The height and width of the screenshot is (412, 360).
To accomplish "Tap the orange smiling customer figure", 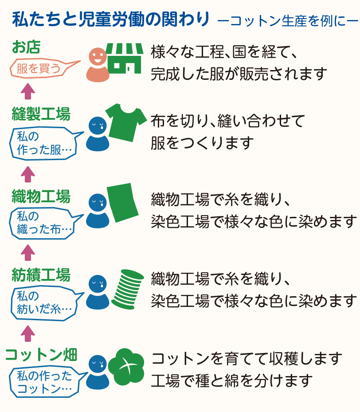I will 98,65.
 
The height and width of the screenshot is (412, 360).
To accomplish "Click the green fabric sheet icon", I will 122,202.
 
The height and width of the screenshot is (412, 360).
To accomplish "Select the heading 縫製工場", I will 41,114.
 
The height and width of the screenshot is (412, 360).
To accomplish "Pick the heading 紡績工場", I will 41,275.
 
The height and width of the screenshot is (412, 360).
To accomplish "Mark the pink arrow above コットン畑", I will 28,333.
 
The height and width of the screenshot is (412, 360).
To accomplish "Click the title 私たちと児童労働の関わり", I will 111,20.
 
